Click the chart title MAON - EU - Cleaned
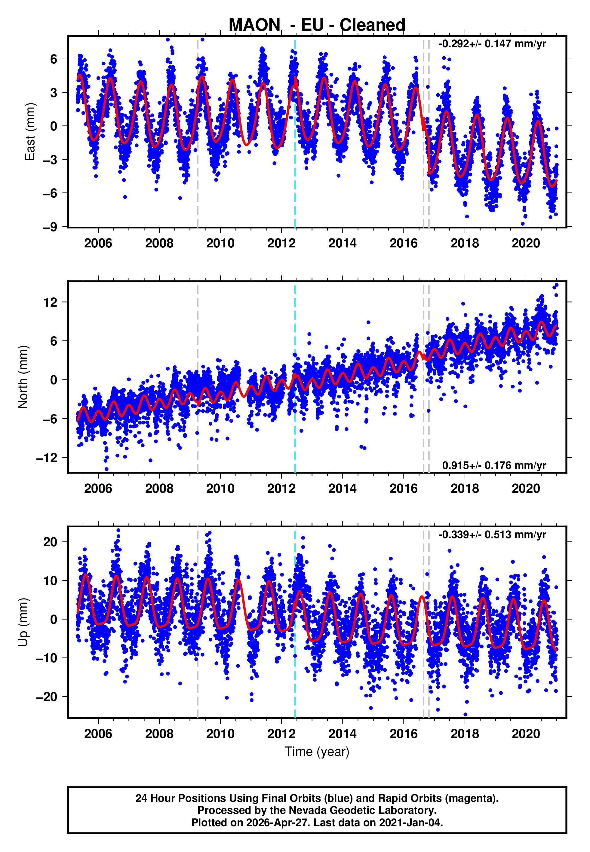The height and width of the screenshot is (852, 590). [x=317, y=25]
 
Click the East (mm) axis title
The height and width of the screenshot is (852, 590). [x=29, y=132]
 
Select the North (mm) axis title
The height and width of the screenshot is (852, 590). [x=23, y=377]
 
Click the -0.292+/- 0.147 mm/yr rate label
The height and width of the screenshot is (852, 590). [x=492, y=44]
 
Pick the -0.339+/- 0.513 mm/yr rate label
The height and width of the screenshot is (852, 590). [x=492, y=535]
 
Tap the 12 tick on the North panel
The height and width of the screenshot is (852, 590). [x=51, y=302]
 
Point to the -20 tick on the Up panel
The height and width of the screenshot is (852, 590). [x=47, y=697]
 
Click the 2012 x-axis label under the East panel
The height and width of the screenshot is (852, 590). [x=281, y=243]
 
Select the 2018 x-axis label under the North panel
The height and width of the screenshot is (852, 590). [x=465, y=489]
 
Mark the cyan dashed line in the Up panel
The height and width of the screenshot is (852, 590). [x=295, y=665]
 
